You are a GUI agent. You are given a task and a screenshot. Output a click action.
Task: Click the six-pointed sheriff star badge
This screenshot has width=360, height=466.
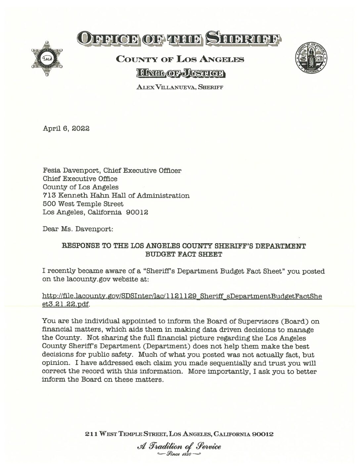[x=47, y=59]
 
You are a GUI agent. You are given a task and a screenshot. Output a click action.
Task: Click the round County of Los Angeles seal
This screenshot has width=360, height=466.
[x=311, y=58]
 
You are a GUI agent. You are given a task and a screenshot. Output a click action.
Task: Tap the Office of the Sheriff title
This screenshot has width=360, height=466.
[x=179, y=38]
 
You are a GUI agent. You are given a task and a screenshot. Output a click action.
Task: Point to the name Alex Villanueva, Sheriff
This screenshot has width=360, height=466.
[x=180, y=87]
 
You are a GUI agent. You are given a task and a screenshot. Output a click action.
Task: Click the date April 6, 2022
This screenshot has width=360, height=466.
[x=66, y=128]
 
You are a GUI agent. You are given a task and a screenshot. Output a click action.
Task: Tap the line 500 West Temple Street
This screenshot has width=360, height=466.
[x=83, y=204]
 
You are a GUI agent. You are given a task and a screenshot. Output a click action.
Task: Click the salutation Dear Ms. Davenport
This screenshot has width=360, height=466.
[x=78, y=229]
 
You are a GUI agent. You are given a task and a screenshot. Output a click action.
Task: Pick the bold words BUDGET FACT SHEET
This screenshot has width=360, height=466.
[x=184, y=255]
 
